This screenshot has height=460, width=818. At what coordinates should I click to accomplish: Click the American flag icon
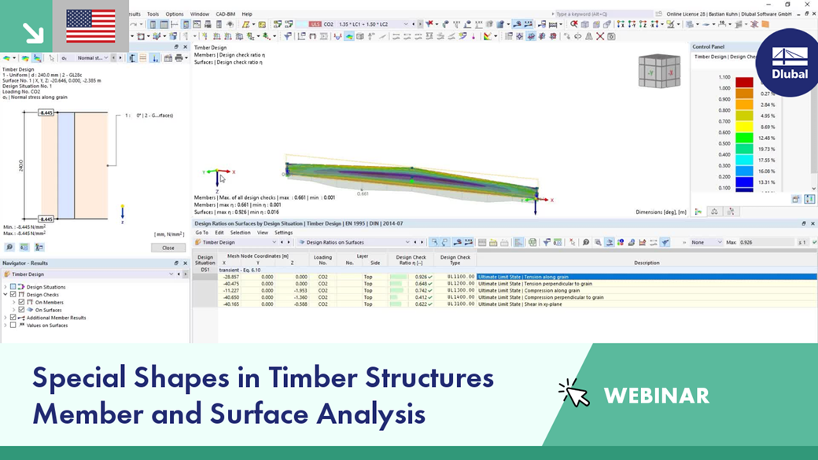90,26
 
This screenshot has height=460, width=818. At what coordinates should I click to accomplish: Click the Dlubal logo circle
789,62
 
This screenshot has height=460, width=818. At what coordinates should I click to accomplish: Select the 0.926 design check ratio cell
422,277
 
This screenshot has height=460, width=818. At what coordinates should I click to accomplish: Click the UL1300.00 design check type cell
460,290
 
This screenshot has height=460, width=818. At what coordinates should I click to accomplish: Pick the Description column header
646,263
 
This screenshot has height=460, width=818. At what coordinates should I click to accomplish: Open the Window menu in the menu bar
200,14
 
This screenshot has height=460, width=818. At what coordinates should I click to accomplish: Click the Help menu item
247,14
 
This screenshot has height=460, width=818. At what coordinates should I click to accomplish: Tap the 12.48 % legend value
766,138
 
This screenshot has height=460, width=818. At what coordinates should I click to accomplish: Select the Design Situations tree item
46,287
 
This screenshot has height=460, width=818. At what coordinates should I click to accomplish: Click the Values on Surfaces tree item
47,325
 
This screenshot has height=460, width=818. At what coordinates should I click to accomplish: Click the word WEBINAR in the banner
656,396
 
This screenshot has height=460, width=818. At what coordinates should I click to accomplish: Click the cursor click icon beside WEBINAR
574,393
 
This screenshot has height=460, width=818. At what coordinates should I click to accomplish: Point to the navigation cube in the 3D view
658,71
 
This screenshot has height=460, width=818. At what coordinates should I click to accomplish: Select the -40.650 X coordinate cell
230,297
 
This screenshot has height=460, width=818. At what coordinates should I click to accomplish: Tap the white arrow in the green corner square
33,32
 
